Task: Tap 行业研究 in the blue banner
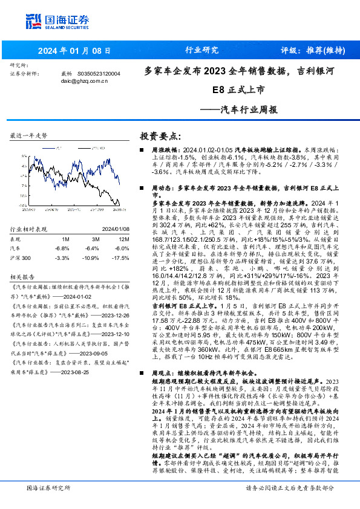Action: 201,51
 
